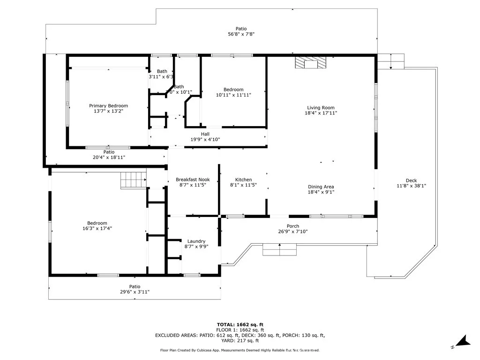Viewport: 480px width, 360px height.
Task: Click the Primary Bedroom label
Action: [108, 106]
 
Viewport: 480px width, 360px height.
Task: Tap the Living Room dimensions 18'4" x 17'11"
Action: [321, 112]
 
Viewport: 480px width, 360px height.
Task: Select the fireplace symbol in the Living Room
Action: [309, 64]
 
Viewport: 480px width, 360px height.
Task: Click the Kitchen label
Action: [243, 180]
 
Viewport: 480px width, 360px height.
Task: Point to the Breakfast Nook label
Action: [193, 180]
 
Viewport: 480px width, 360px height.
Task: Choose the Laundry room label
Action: [196, 241]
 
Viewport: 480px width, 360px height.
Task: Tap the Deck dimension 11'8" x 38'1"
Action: [411, 186]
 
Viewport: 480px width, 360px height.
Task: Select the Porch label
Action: [293, 226]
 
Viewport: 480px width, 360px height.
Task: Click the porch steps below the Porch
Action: [280, 250]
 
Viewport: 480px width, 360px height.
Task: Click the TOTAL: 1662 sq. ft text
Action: [240, 324]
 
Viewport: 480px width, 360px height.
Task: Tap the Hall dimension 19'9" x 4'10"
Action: [205, 139]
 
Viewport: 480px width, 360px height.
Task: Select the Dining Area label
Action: [321, 187]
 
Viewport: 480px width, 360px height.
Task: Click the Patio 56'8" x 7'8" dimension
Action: [241, 34]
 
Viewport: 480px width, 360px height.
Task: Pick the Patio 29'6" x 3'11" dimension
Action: [135, 292]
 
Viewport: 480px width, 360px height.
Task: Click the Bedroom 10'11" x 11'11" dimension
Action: [233, 95]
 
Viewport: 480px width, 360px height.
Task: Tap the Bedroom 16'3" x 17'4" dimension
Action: [97, 228]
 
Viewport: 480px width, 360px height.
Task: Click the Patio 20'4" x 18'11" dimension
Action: [109, 157]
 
